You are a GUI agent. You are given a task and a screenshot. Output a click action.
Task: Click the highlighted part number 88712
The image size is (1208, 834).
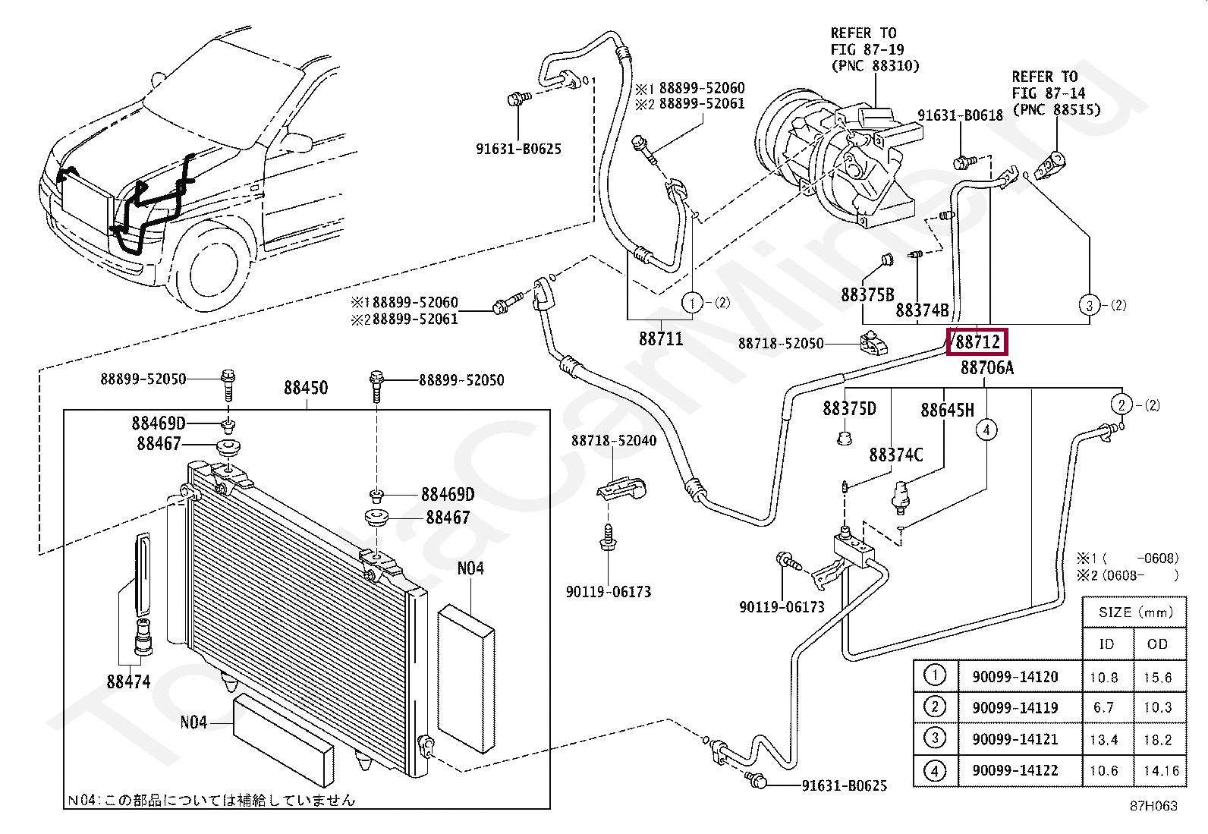(x=977, y=342)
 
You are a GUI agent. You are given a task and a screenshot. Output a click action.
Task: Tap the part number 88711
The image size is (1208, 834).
(x=661, y=338)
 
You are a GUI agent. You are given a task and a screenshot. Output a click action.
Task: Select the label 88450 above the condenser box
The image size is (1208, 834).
(x=306, y=388)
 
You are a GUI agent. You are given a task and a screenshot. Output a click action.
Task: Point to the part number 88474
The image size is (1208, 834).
(x=128, y=682)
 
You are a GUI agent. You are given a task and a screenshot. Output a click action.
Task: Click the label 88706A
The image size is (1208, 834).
(x=987, y=368)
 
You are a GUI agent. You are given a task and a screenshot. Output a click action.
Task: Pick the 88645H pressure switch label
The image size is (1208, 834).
(x=948, y=411)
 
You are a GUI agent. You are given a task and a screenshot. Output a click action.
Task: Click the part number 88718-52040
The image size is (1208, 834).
(x=614, y=441)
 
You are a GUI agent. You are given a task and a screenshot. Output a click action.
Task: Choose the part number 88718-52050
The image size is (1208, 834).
(x=781, y=344)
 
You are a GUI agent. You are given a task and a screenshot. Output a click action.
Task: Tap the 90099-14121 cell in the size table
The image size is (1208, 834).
(x=1015, y=739)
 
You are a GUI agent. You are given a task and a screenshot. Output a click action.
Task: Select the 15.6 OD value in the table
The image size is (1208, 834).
(x=1158, y=678)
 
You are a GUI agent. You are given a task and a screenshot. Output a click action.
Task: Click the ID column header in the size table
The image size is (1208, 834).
(x=1106, y=644)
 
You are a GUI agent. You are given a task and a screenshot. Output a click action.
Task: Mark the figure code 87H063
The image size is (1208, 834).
(x=1153, y=806)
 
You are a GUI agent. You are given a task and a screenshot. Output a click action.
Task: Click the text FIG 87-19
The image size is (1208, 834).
(x=867, y=49)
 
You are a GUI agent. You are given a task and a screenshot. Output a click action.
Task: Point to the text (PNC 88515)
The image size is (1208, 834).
(x=1056, y=109)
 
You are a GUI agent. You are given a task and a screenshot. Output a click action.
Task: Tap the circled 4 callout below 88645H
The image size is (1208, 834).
(x=986, y=430)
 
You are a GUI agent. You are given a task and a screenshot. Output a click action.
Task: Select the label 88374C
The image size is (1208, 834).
(x=895, y=455)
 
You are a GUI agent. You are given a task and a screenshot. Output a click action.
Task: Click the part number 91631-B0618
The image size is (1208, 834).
(x=961, y=115)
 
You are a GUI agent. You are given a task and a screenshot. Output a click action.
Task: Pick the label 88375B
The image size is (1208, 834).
(x=868, y=294)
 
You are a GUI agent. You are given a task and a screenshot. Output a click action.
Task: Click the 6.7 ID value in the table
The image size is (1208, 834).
(x=1103, y=708)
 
